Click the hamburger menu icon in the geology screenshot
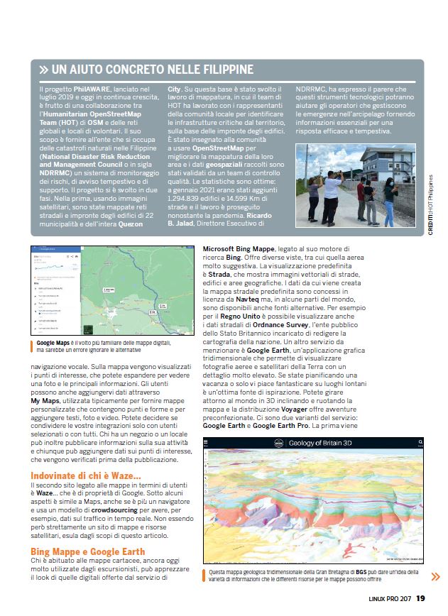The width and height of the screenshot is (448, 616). pyautogui.click(x=207, y=443)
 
